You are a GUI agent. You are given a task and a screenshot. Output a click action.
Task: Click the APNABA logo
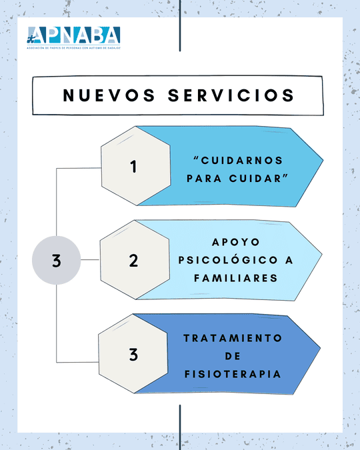point(73,37)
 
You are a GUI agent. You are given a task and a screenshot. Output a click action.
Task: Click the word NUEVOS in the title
point(109,95)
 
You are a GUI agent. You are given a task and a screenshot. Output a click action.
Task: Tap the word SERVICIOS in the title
point(231,95)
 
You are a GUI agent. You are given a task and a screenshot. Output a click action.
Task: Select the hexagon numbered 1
point(136,166)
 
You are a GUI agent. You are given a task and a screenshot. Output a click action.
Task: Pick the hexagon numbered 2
point(135,260)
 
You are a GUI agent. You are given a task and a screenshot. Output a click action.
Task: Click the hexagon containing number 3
point(133,353)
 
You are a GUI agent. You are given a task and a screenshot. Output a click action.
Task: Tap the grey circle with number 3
point(56,260)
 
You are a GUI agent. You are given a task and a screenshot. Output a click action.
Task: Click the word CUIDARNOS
point(242,161)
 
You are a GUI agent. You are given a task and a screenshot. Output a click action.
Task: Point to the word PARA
point(204,179)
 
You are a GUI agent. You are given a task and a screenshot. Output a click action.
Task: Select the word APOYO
point(236,242)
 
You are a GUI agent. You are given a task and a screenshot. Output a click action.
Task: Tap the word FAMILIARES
point(236,278)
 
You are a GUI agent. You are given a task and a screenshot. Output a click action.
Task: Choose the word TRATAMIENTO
point(233,338)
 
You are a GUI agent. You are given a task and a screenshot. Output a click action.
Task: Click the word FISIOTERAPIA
point(233,374)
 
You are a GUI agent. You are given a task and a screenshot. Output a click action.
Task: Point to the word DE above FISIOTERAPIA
point(233,356)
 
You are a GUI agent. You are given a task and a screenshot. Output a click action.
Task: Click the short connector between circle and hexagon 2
point(90,260)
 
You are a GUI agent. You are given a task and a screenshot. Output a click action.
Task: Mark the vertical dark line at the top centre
point(180,26)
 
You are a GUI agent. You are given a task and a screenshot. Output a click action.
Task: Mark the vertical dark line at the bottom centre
point(180,427)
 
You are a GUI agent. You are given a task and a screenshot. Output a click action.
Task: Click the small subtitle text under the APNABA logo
point(73,48)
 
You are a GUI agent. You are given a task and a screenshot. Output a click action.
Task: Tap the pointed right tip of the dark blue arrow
point(320,349)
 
